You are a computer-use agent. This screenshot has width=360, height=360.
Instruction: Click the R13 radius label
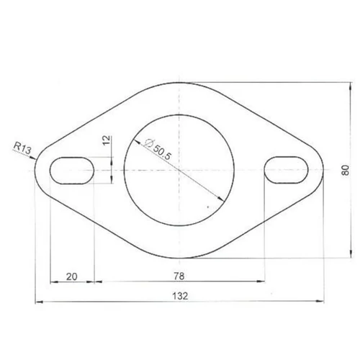point(22,148)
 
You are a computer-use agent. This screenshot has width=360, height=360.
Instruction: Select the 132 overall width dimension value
point(180,296)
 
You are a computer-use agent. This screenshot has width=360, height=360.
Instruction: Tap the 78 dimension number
point(179,276)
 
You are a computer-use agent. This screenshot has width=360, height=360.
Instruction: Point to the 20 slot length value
point(72,276)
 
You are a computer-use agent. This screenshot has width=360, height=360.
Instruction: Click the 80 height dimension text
point(346,170)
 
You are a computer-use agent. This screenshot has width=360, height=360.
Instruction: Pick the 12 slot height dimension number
point(107,140)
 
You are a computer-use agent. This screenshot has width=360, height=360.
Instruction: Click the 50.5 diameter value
point(162,153)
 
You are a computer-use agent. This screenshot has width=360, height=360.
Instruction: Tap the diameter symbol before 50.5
point(149,143)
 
